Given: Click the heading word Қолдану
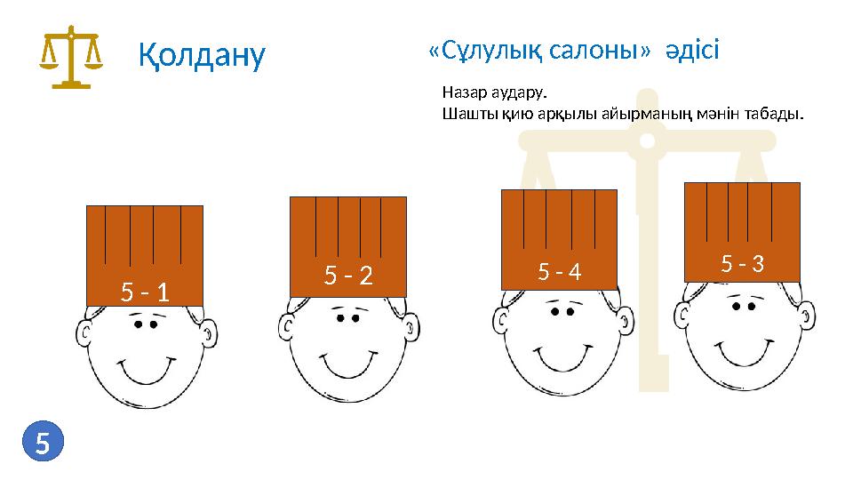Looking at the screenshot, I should click(202, 55).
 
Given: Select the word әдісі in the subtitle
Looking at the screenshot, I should click(692, 50).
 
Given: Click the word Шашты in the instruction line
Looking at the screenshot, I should click(465, 114).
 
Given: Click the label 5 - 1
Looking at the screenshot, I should click(145, 291).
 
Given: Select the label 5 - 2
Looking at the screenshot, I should click(347, 276).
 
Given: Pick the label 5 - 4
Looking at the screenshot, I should click(560, 271).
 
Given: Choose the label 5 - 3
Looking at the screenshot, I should click(743, 263).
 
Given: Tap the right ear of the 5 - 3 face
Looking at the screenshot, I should click(806, 316).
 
